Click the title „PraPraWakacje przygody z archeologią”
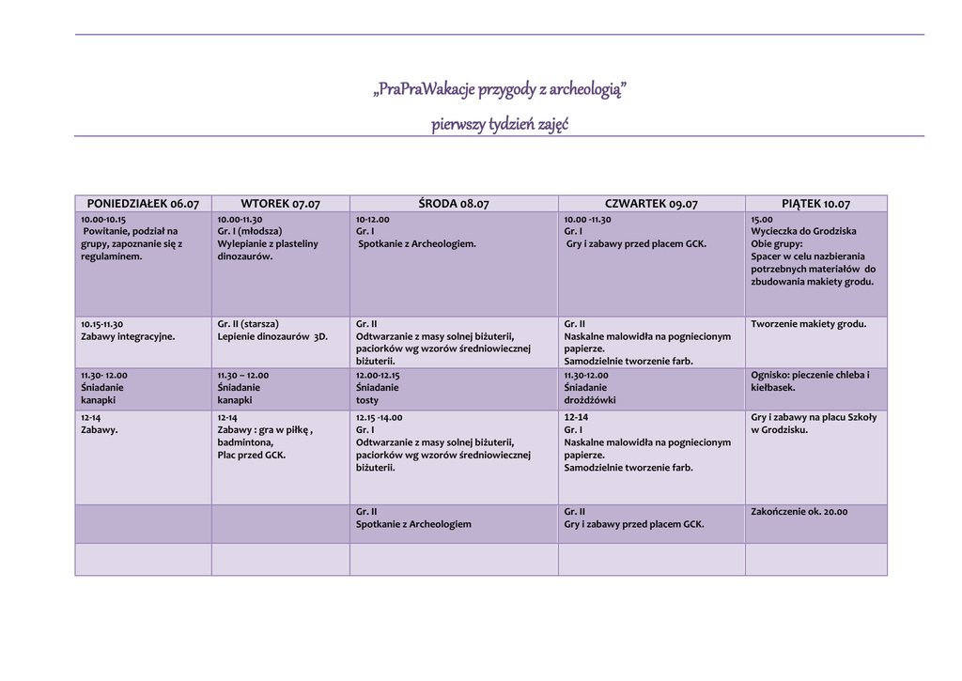[x=500, y=90]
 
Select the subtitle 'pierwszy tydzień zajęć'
[x=500, y=124]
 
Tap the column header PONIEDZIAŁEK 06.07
[x=143, y=204]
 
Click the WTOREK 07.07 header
[x=280, y=204]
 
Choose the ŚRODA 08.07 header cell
[x=454, y=204]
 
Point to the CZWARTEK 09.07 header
[x=651, y=204]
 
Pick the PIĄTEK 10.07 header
[x=815, y=204]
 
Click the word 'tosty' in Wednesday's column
[x=367, y=400]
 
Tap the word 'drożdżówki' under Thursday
[x=589, y=400]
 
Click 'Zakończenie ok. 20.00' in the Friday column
[x=799, y=512]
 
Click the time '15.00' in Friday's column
[x=762, y=219]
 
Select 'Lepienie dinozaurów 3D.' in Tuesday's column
[x=272, y=336]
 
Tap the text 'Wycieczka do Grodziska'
[x=803, y=231]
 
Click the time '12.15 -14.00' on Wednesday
[x=379, y=417]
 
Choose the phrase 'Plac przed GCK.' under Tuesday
[x=252, y=455]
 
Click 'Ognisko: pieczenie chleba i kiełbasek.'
[x=810, y=380]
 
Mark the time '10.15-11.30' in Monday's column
[x=101, y=324]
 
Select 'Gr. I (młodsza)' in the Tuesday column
[x=250, y=231]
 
